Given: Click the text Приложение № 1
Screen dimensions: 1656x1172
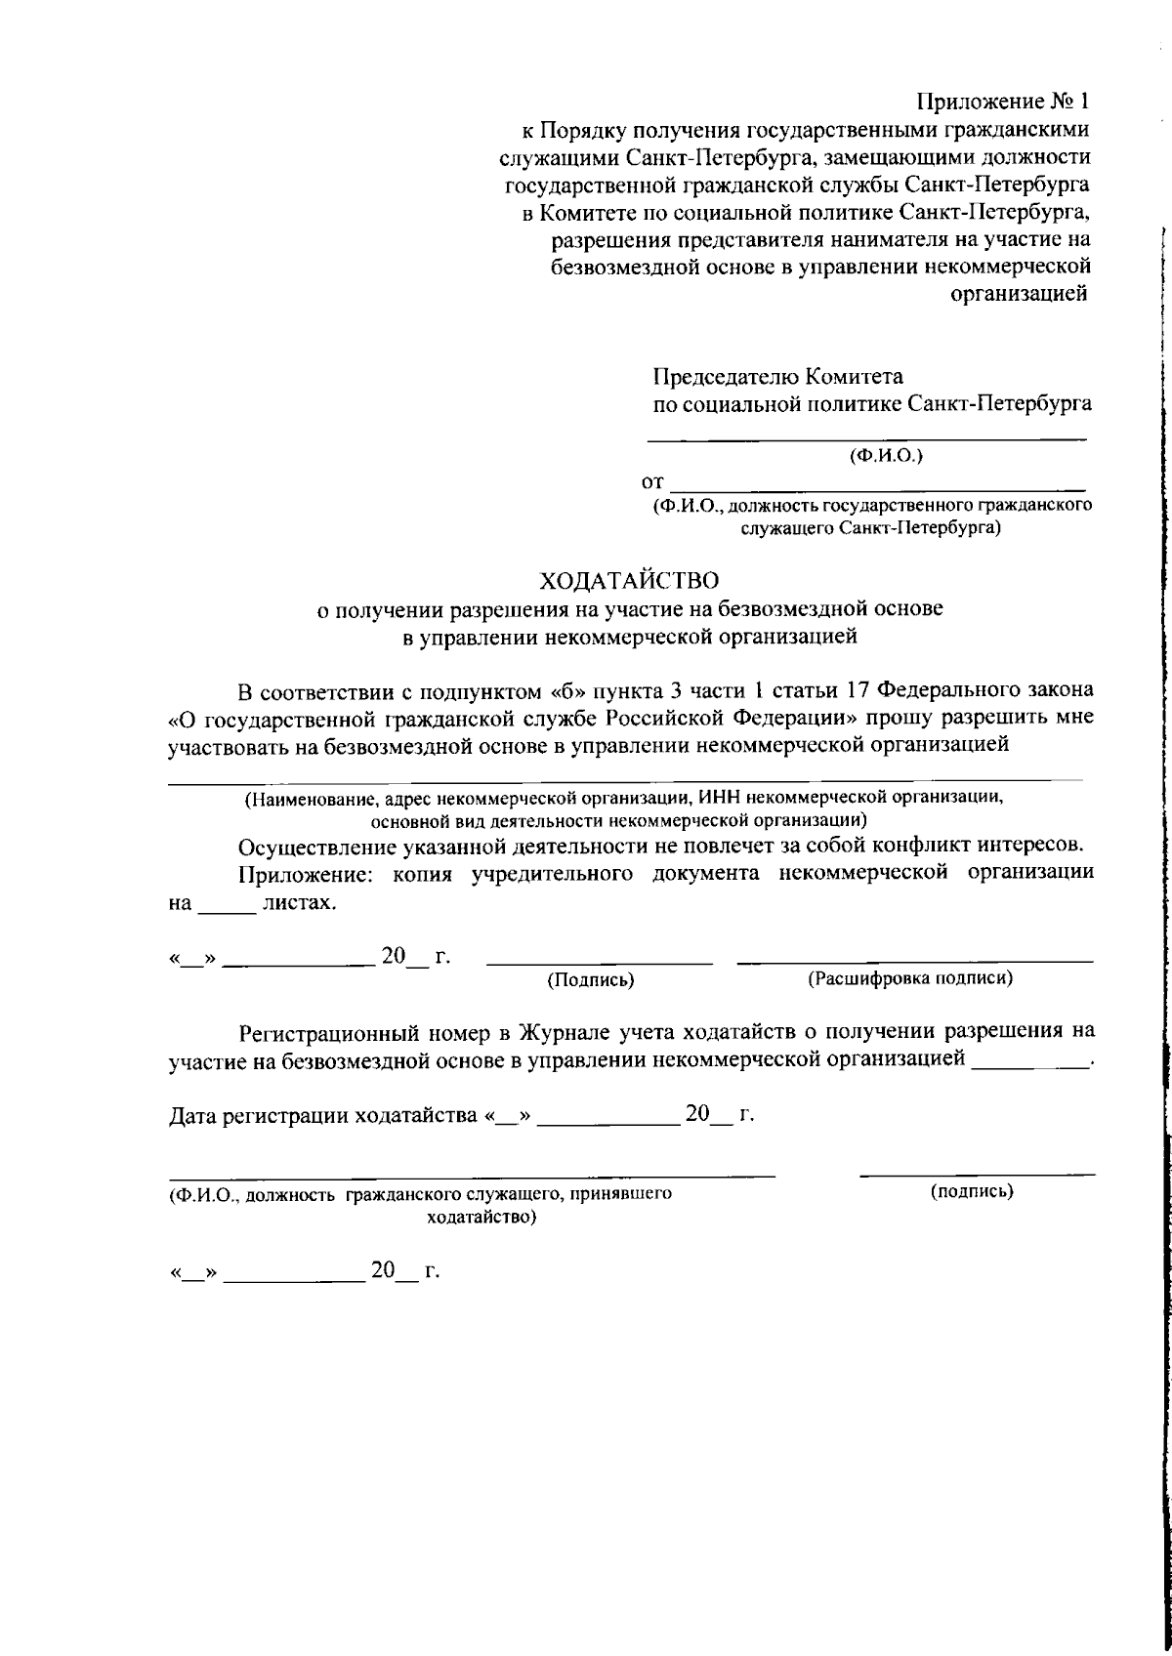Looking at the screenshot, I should (1002, 102).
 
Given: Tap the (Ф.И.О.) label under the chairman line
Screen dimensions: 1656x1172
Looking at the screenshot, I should (886, 455).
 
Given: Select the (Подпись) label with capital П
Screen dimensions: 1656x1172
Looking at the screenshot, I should (590, 979).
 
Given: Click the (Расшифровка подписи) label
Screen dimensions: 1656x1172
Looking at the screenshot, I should (909, 977).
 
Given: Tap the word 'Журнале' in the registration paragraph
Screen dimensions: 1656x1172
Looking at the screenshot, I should (569, 1031).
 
